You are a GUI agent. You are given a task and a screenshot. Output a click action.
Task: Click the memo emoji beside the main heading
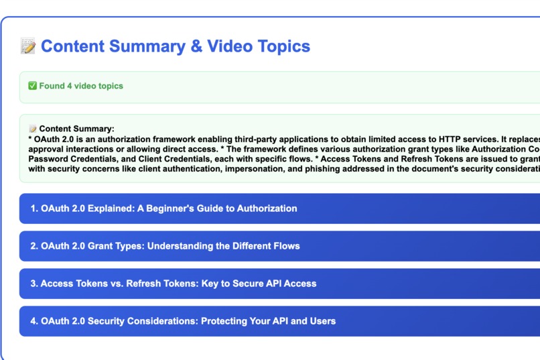point(28,46)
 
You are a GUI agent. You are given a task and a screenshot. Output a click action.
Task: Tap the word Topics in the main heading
point(282,46)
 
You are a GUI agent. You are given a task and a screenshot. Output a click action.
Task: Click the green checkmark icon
point(32,86)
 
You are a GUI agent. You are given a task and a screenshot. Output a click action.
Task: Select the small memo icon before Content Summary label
point(32,129)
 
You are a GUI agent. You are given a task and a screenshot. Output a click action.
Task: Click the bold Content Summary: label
point(76,129)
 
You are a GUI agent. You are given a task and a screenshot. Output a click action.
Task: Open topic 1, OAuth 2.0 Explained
point(163,208)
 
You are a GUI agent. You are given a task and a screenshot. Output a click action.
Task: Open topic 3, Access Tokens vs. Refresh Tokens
point(173,284)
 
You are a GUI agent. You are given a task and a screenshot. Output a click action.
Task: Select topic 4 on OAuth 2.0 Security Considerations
point(183,321)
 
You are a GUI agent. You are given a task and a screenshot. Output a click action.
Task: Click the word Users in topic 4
point(322,321)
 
